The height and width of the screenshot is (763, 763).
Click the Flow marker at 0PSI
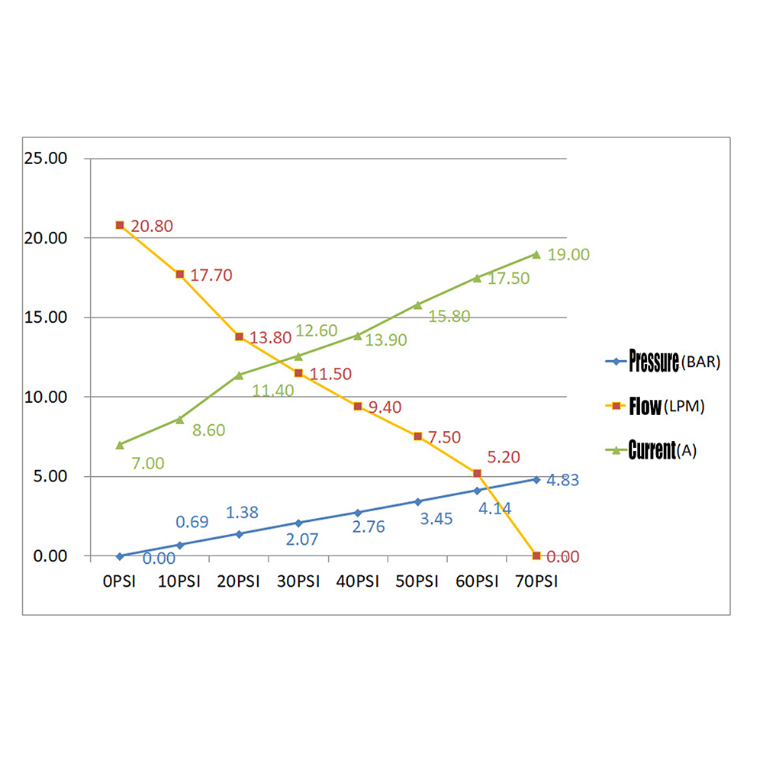[120, 225]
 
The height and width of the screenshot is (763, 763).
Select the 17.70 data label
[211, 275]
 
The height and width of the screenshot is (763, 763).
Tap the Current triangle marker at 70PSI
[536, 254]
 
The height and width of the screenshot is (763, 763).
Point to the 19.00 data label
[568, 255]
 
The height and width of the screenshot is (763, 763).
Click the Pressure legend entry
[661, 362]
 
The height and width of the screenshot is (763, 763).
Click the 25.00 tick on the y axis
[47, 159]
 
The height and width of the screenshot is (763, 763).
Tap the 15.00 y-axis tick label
[47, 317]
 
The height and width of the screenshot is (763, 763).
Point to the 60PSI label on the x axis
[476, 582]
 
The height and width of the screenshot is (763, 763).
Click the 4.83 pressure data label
[563, 481]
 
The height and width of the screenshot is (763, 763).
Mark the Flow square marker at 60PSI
[477, 474]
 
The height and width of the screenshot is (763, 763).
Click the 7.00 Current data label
[148, 463]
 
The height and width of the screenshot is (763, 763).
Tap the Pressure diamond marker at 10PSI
[179, 545]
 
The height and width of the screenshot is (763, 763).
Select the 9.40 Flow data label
[385, 407]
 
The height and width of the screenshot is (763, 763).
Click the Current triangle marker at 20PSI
[239, 375]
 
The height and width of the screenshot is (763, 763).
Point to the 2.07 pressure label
[301, 539]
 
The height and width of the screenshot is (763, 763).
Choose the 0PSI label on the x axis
[119, 582]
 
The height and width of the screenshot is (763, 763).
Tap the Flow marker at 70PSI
[536, 555]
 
